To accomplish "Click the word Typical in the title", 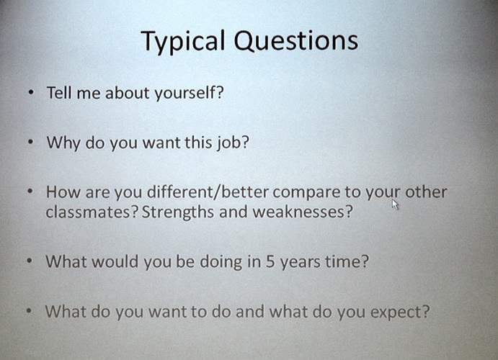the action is pyautogui.click(x=183, y=42).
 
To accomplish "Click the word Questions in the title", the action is pyautogui.click(x=296, y=40).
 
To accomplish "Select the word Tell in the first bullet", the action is pyautogui.click(x=59, y=93).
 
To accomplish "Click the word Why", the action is pyautogui.click(x=63, y=143).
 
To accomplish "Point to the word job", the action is pyautogui.click(x=233, y=143).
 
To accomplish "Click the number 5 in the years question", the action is pyautogui.click(x=270, y=261).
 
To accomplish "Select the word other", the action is pyautogui.click(x=426, y=192).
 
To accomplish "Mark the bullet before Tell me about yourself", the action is pyautogui.click(x=31, y=92).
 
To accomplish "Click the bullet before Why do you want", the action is pyautogui.click(x=30, y=142).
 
